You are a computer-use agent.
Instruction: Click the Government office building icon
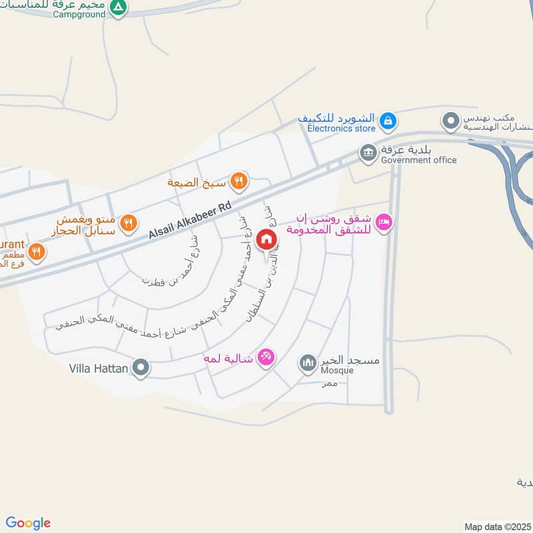(x=368, y=153)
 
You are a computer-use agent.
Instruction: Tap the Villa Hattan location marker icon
(x=141, y=368)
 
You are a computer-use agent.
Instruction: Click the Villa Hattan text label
(x=99, y=368)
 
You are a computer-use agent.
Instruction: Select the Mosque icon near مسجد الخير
(x=307, y=362)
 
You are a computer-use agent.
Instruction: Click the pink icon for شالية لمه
(x=266, y=358)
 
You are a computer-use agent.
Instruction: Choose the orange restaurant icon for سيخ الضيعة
(x=239, y=181)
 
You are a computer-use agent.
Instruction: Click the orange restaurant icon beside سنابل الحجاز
(x=129, y=223)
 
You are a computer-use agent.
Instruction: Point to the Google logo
(x=28, y=523)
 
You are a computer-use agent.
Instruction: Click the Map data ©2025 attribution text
(x=497, y=526)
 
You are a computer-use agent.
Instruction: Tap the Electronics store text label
(x=336, y=129)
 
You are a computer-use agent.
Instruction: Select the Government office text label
(x=418, y=160)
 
